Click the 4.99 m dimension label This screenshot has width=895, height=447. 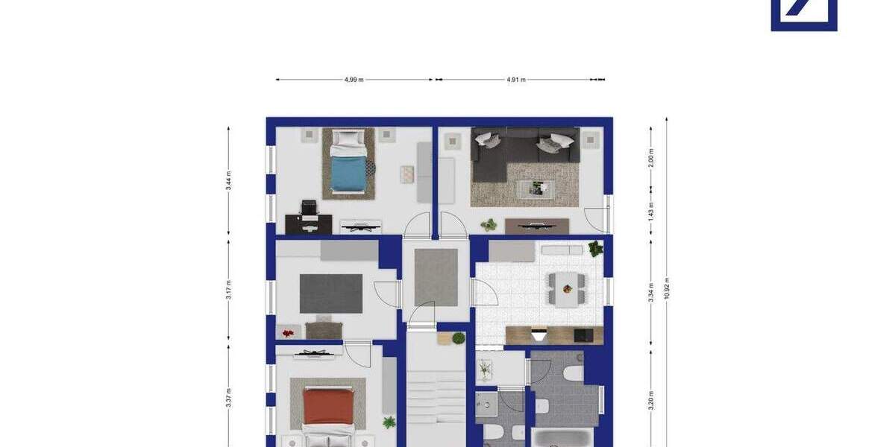354,79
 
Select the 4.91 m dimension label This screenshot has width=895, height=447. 516,79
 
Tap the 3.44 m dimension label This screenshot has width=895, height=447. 229,181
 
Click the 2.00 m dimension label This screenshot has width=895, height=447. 651,158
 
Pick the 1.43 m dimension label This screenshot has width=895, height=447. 651,211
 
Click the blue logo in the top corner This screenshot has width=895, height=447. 804,15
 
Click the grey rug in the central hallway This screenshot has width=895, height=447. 436,276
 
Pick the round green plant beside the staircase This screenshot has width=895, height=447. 458,338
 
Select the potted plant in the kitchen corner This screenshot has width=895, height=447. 595,249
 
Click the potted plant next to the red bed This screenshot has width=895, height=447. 389,422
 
